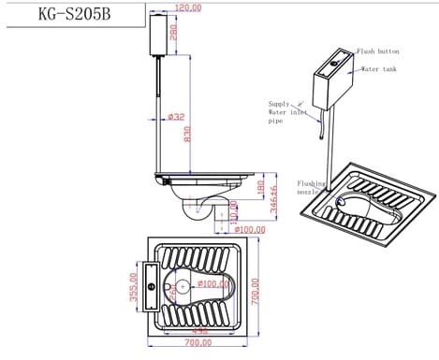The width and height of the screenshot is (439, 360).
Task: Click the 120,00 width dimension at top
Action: (187, 7)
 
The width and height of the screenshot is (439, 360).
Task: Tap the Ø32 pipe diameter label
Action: (175, 117)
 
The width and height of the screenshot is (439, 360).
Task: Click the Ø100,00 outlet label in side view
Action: (251, 229)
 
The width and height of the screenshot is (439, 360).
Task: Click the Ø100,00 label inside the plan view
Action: (212, 282)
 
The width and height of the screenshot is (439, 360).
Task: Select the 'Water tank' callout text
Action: (380, 69)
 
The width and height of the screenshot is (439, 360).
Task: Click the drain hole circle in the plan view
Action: (184, 282)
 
